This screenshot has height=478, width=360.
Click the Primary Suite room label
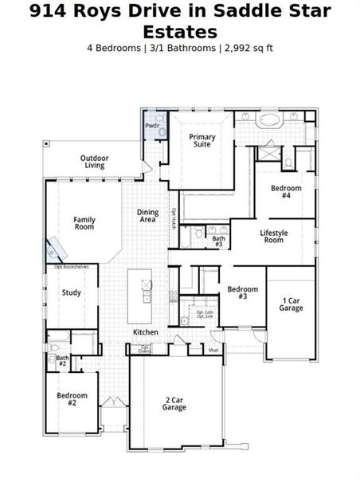202,141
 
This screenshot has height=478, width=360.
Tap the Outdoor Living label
94,162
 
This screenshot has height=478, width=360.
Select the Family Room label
84,223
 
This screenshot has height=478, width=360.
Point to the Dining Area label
147,216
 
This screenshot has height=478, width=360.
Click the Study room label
71,292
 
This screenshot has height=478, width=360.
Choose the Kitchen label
145,331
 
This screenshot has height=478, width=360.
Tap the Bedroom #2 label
72,399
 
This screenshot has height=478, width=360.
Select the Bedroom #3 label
243,292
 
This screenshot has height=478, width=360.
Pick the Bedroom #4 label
285,192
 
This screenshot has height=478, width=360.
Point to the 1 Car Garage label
291,304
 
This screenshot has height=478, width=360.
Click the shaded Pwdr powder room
152,126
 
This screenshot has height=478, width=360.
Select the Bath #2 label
62,361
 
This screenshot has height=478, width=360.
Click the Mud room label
213,350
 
